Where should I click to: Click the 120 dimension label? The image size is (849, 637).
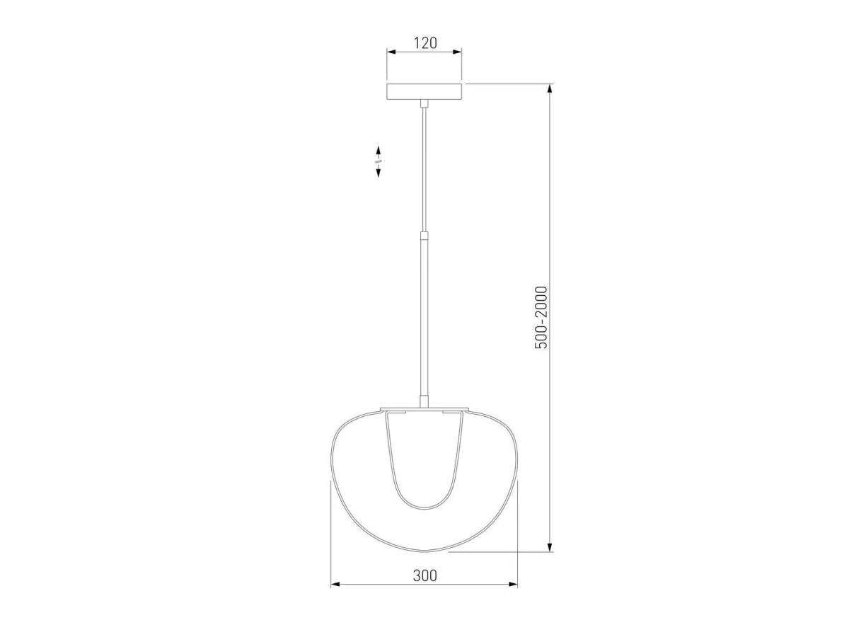tap(425, 43)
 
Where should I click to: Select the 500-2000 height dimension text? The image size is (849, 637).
tap(541, 318)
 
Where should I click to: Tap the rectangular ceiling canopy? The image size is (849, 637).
tap(424, 91)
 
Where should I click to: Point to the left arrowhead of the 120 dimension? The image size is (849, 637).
tap(391, 52)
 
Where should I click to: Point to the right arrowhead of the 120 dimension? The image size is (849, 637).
tap(458, 52)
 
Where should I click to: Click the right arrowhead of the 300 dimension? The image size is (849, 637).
tap(513, 595)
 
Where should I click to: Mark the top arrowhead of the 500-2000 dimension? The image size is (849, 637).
tap(550, 88)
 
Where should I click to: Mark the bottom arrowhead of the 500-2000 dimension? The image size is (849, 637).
tap(550, 547)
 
